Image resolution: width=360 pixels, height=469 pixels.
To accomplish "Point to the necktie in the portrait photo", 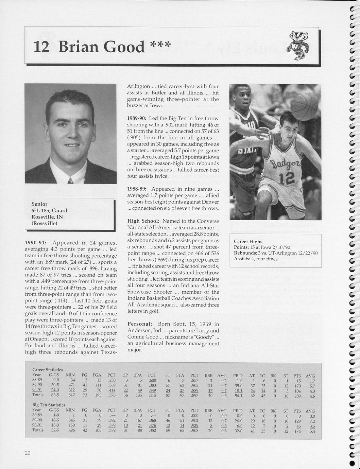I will coord(71,180).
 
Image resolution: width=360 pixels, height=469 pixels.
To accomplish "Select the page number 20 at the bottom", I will coord(28,452).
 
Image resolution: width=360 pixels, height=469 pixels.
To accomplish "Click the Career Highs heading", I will coord(248,241).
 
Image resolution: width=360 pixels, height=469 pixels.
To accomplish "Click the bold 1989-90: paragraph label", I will coord(137,118).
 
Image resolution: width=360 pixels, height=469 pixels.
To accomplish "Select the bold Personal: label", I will coord(139,324).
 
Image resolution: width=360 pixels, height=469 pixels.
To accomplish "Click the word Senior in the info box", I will coord(39,204).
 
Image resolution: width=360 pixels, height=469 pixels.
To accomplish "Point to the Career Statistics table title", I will coord(47,369).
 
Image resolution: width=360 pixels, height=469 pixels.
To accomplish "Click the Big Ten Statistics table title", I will coord(49,405).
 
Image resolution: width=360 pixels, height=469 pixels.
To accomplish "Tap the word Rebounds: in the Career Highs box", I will coord(244,253).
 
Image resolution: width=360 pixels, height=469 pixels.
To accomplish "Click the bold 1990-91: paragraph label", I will coord(36,243).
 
